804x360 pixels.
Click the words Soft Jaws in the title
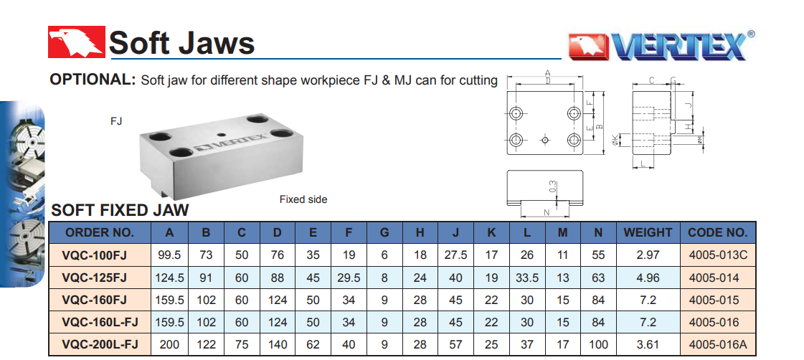click(x=181, y=42)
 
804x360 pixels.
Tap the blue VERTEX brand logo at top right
click(x=661, y=46)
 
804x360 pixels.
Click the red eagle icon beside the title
click(x=77, y=42)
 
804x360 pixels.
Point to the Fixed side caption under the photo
click(x=303, y=199)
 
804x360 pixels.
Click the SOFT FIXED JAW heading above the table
click(x=120, y=209)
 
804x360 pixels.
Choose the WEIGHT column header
click(x=648, y=232)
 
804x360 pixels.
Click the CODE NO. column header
click(x=717, y=232)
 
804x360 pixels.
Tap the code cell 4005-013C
click(x=718, y=255)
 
